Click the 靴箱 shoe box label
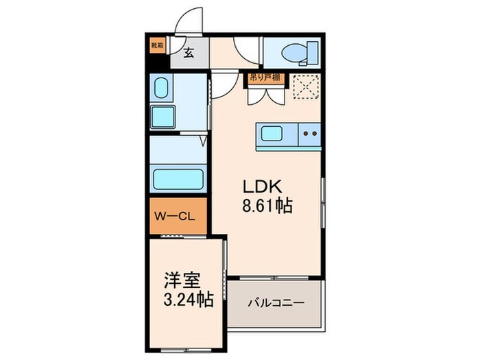(x=157, y=46)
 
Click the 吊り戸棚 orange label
(x=264, y=77)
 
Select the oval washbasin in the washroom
(x=161, y=88)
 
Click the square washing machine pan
(x=163, y=117)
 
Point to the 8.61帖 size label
(x=267, y=206)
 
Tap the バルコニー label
(x=276, y=302)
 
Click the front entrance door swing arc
(x=189, y=21)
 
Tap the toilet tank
(x=313, y=51)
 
